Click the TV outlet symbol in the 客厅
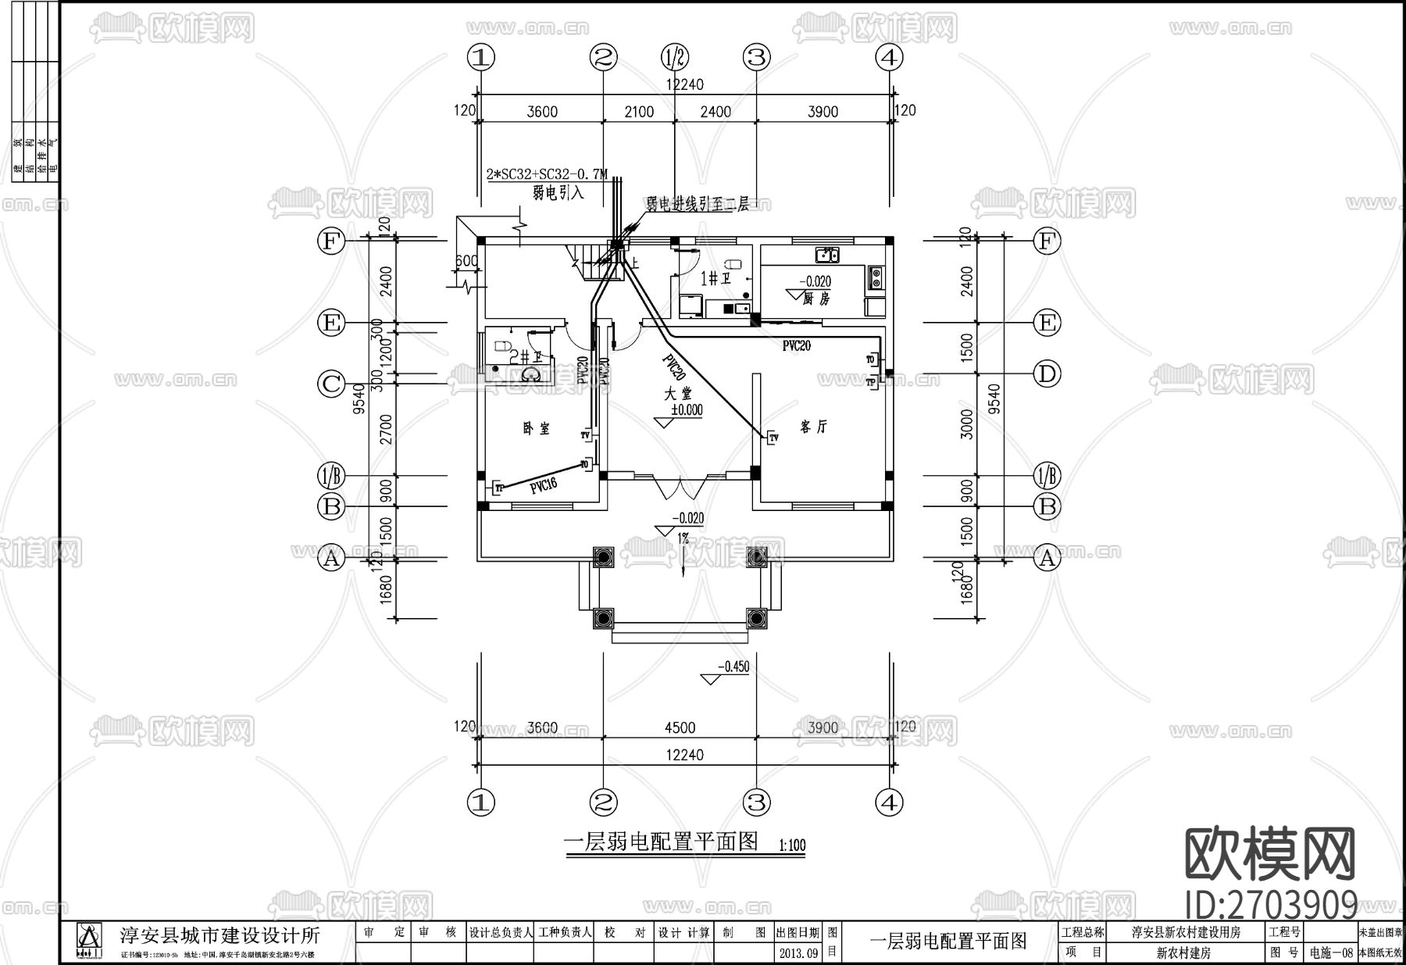(x=773, y=438)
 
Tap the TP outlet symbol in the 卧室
(x=498, y=488)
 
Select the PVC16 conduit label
(x=543, y=485)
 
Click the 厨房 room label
(x=816, y=298)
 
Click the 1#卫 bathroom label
(x=715, y=278)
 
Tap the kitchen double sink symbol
(x=826, y=254)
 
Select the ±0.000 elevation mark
(x=687, y=409)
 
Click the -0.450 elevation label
(x=734, y=667)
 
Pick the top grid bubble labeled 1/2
(x=675, y=56)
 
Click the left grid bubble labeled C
(x=331, y=383)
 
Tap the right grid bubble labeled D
(x=1047, y=373)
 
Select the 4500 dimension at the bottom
(x=680, y=727)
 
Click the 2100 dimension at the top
(x=639, y=112)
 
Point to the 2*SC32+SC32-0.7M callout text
(x=547, y=175)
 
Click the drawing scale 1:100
(x=792, y=845)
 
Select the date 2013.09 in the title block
(x=799, y=952)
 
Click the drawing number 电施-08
(x=1331, y=952)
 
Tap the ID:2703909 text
(x=1271, y=906)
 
